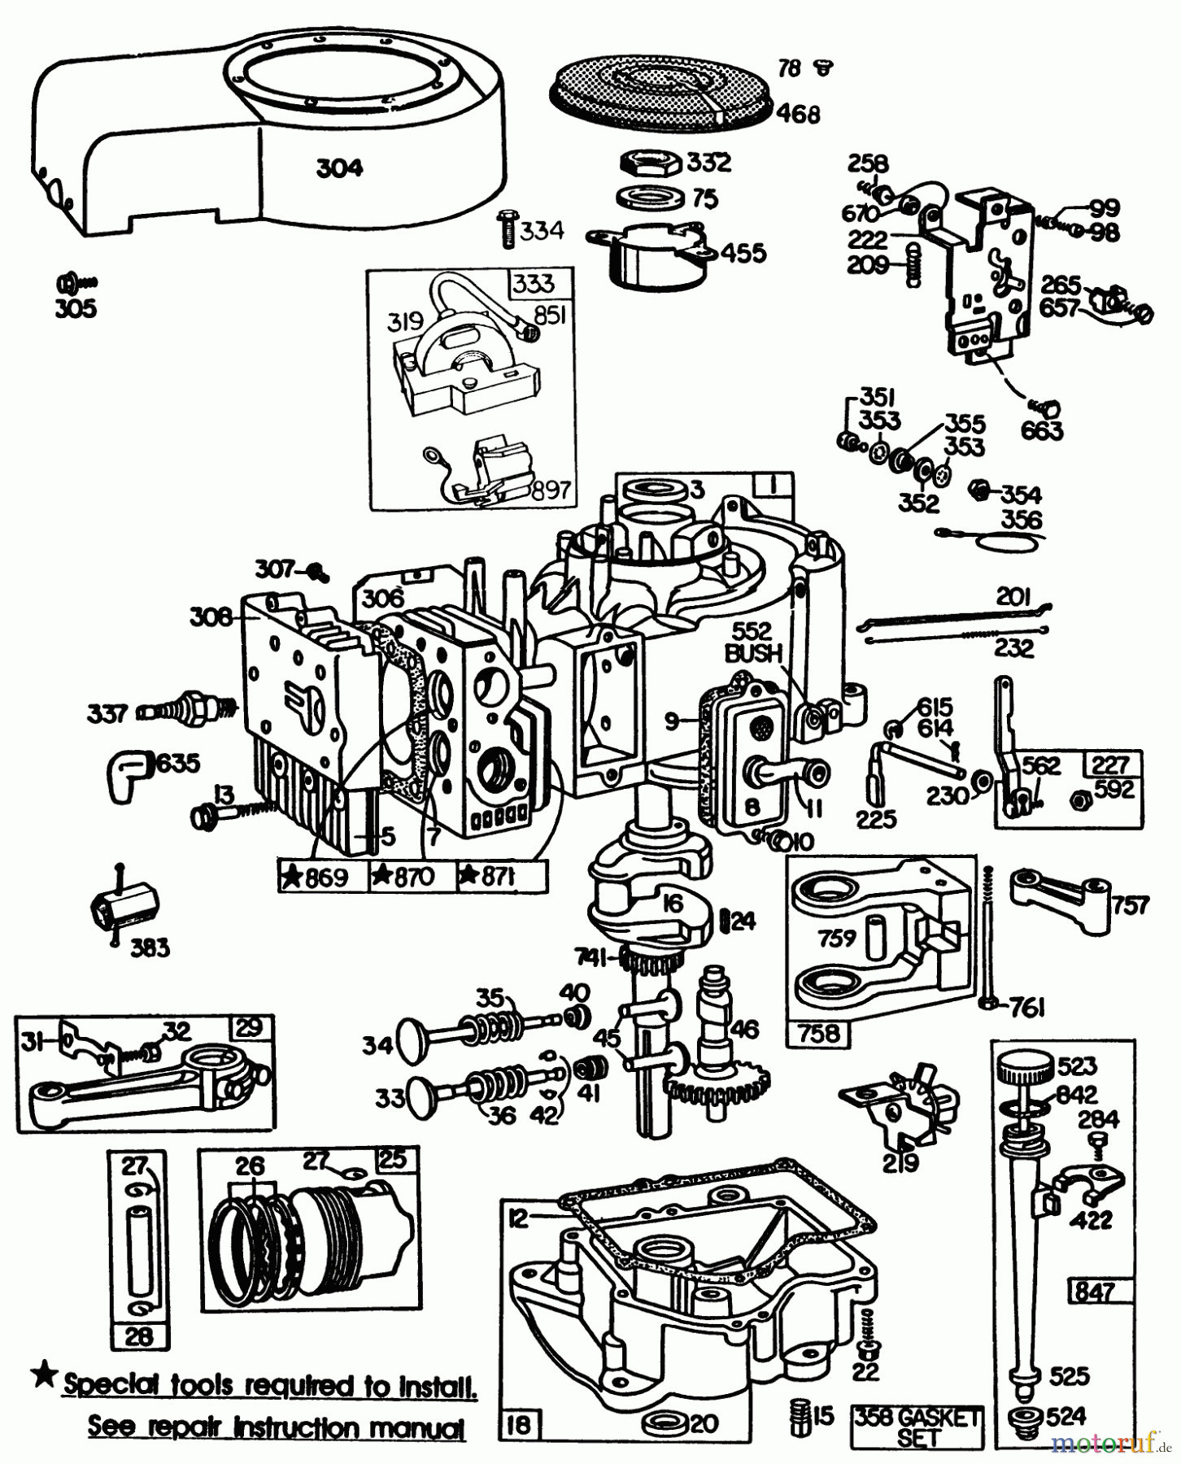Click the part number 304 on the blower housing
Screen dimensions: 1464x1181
[340, 168]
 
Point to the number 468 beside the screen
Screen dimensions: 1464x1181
[798, 114]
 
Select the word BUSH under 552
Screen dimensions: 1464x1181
[753, 653]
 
